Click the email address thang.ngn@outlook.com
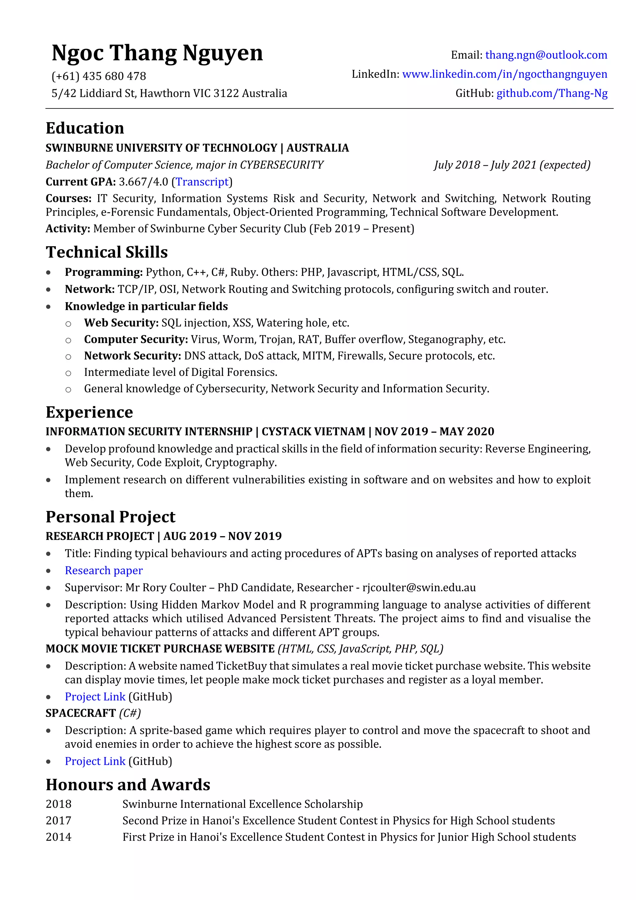pos(546,55)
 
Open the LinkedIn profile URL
pos(504,74)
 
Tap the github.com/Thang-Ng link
pos(552,93)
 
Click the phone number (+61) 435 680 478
pos(99,76)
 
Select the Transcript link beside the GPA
pos(202,182)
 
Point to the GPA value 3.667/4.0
pos(143,182)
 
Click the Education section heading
pos(85,128)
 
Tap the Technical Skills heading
pos(107,252)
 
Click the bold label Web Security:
pos(121,323)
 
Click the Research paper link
pos(104,570)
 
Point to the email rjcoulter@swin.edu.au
pos(419,587)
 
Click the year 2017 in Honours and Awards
pos(58,820)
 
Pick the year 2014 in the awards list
pos(58,837)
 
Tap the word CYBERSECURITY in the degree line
pos(282,165)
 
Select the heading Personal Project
pos(111,517)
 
